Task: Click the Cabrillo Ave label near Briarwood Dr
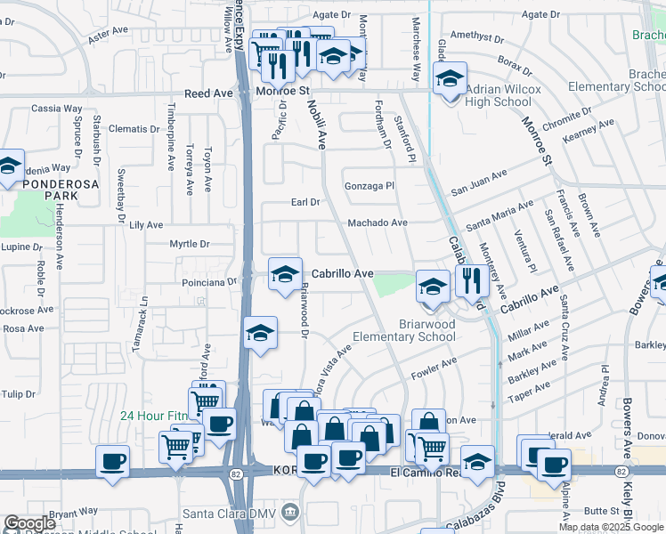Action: tap(342, 274)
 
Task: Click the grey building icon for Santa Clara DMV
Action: tap(289, 512)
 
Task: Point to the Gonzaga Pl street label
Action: tap(370, 186)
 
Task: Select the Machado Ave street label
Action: tap(378, 222)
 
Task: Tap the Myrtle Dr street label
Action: tap(190, 244)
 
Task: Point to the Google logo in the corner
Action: tap(30, 523)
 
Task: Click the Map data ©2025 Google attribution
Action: tap(610, 527)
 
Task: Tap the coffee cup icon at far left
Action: tap(112, 461)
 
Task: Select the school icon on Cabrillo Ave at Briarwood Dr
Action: tap(285, 273)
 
